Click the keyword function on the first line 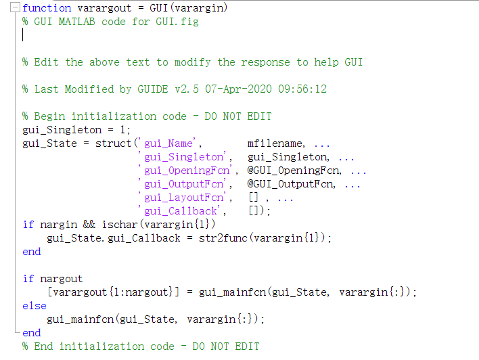click(x=47, y=8)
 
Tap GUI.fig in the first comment click(x=179, y=22)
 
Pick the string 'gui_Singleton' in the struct click(x=181, y=157)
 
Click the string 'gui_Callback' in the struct click(x=178, y=211)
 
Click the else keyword click(x=35, y=306)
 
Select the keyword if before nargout click(x=28, y=279)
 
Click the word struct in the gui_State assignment click(x=114, y=143)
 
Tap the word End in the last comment click(x=43, y=346)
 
